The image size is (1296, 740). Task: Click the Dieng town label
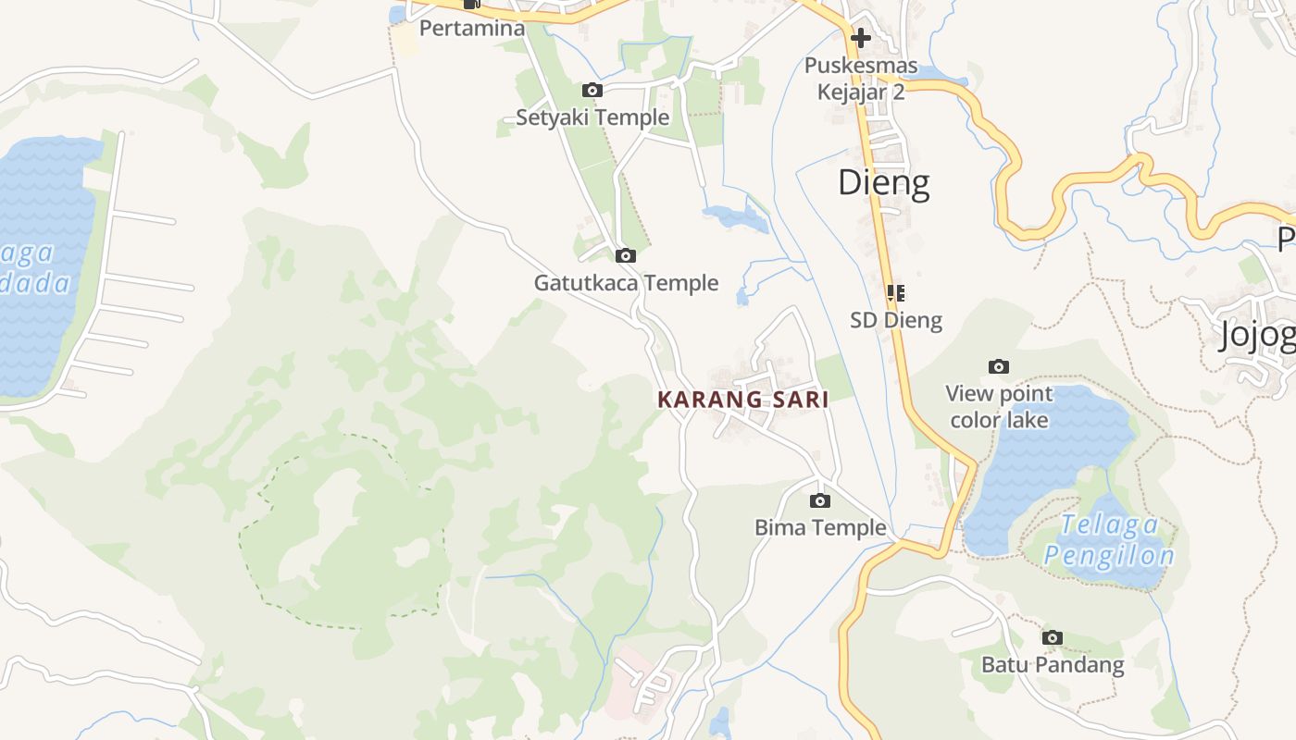(883, 182)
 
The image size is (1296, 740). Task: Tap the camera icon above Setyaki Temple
(592, 90)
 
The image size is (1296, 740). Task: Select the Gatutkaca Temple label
(626, 283)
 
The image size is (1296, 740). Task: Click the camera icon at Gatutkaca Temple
(626, 255)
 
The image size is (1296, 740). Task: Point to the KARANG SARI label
(742, 400)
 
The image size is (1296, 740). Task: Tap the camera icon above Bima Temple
(819, 500)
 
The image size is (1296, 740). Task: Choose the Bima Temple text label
(820, 527)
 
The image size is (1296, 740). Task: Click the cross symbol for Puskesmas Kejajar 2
(861, 38)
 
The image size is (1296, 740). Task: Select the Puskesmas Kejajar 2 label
(861, 79)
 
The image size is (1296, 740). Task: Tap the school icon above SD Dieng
(895, 293)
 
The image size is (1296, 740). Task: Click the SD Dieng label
(896, 320)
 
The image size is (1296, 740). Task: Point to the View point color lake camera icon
(998, 366)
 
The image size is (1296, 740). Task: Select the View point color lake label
(999, 407)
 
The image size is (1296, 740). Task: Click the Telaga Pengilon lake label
(1109, 540)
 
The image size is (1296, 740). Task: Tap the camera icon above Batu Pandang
(1052, 637)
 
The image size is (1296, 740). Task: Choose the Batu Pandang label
(1053, 664)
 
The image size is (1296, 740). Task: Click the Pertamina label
(472, 28)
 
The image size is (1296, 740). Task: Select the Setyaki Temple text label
(592, 117)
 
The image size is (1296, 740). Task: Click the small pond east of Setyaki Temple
(736, 218)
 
